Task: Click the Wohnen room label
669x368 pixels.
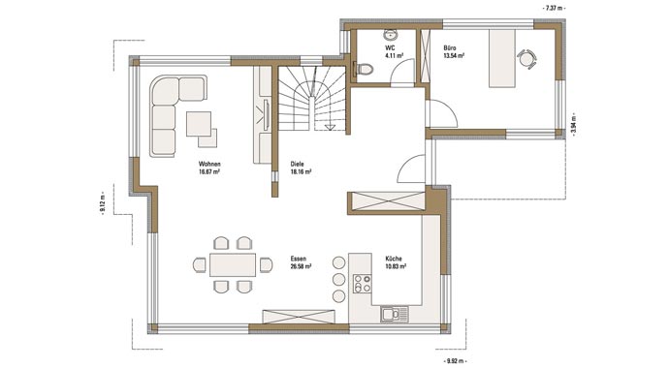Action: (209, 164)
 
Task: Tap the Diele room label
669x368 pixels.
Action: (297, 164)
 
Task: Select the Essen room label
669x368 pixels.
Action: (299, 259)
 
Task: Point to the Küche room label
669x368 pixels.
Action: (394, 259)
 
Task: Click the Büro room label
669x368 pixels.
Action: (450, 48)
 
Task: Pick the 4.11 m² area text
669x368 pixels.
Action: (395, 56)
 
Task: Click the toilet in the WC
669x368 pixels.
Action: (363, 69)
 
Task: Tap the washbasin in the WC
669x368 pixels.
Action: (391, 35)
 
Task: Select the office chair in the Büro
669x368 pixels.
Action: (526, 59)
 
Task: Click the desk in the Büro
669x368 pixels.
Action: (502, 58)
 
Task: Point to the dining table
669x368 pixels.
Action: (233, 265)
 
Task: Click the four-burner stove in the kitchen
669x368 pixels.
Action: (363, 284)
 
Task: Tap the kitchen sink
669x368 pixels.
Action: (395, 315)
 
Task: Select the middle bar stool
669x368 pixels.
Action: (338, 280)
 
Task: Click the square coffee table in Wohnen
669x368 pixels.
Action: (199, 124)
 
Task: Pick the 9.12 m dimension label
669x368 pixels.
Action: (103, 204)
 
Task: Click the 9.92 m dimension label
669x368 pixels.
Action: (456, 361)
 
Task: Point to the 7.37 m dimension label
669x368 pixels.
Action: (554, 8)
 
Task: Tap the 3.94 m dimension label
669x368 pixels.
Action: (573, 126)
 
